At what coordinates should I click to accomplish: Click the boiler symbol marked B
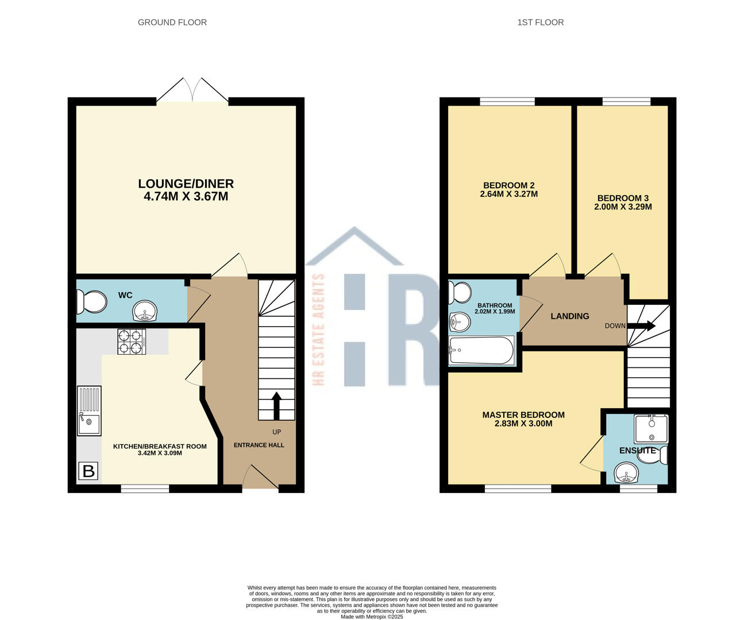coord(88,471)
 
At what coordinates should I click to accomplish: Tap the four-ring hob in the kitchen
coord(132,342)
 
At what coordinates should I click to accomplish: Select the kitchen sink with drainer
coord(89,410)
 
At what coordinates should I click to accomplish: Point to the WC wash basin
coord(145,311)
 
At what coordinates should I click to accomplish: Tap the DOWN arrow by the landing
coord(641,325)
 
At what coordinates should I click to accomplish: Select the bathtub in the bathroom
coord(481,350)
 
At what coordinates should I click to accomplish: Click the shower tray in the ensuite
coord(651,429)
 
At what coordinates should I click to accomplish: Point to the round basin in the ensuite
coord(626,472)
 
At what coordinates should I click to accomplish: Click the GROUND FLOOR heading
coord(172,22)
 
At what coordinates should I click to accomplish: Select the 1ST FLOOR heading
coord(541,22)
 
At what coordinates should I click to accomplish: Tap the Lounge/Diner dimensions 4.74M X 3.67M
coord(186,196)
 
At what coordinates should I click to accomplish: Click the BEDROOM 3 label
coord(623,198)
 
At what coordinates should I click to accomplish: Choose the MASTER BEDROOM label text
coord(523,415)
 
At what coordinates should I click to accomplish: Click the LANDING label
coord(570,316)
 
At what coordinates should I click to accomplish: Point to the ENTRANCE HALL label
coord(259,445)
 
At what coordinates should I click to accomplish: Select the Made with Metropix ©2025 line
coord(372,617)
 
